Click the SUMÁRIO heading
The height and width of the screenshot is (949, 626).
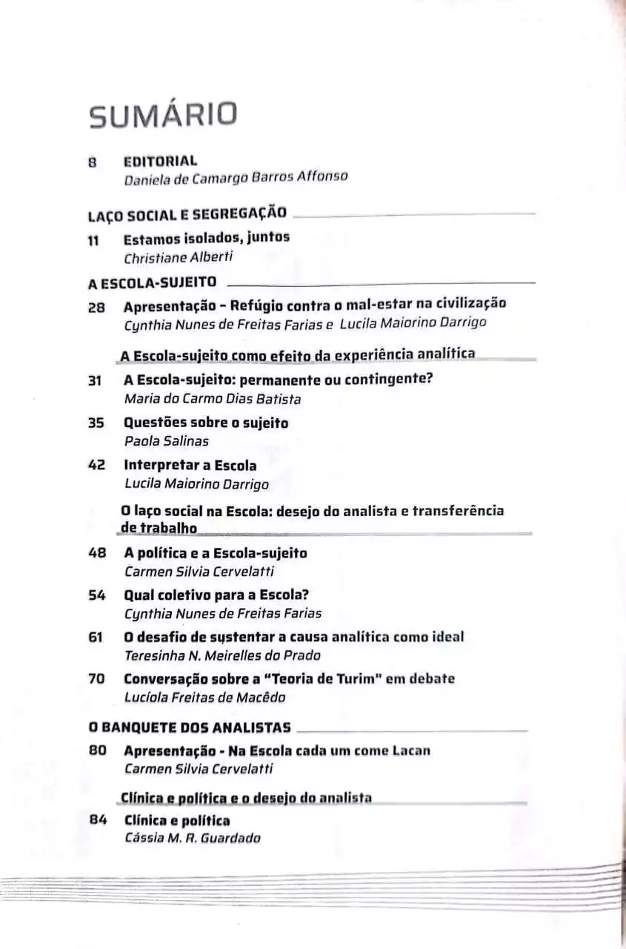163,115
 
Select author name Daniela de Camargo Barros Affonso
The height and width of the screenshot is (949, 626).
236,178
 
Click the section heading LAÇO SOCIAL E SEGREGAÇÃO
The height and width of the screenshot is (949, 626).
187,214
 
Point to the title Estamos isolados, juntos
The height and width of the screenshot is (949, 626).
206,238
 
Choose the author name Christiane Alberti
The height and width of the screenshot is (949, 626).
178,257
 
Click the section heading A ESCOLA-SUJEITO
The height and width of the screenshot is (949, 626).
152,282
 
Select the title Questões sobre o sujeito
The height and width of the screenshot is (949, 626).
206,423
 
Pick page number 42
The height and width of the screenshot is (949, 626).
96,466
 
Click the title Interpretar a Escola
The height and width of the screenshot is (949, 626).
190,466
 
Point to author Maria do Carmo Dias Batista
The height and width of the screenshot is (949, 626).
213,399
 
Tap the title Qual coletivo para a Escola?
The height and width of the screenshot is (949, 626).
216,595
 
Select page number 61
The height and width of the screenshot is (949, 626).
96,637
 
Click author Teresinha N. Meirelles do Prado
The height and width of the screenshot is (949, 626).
222,655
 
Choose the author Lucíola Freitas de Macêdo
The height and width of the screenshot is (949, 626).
204,697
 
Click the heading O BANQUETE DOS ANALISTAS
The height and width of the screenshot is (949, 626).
189,727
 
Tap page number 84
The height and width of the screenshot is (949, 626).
98,820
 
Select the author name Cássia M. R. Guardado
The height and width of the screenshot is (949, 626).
193,839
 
